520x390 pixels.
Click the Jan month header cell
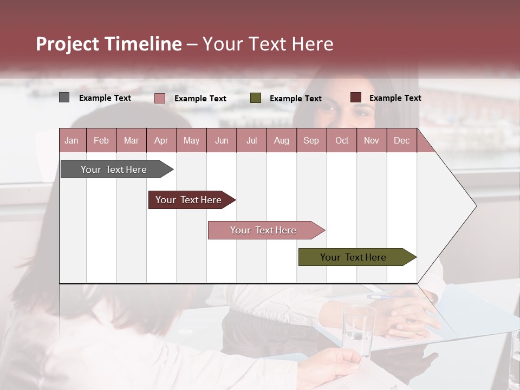pyautogui.click(x=72, y=140)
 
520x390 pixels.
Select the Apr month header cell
pyautogui.click(x=161, y=140)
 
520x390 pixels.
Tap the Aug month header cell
pyautogui.click(x=282, y=140)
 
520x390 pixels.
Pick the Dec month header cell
pyautogui.click(x=402, y=140)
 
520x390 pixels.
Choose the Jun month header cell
pyautogui.click(x=222, y=140)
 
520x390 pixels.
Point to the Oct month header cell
pyautogui.click(x=342, y=140)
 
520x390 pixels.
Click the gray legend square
pyautogui.click(x=64, y=97)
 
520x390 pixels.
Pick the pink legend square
pyautogui.click(x=160, y=98)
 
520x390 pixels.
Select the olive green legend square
pyautogui.click(x=256, y=98)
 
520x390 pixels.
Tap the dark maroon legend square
pyautogui.click(x=356, y=97)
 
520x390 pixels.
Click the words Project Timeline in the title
pyautogui.click(x=109, y=44)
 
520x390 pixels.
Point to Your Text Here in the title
pyautogui.click(x=268, y=44)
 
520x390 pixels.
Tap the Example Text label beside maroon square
pyautogui.click(x=395, y=98)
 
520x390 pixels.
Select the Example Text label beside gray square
pyautogui.click(x=105, y=98)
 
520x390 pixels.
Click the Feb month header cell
pyautogui.click(x=101, y=140)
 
